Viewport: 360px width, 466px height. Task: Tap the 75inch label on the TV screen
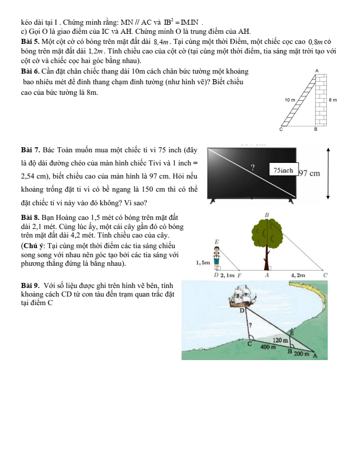click(x=284, y=170)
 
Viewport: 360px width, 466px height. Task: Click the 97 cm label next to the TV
click(x=309, y=173)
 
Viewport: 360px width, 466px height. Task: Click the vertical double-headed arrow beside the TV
click(x=328, y=173)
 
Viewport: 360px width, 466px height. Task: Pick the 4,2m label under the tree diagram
click(x=298, y=276)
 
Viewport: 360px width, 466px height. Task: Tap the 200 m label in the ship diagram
click(x=302, y=355)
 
